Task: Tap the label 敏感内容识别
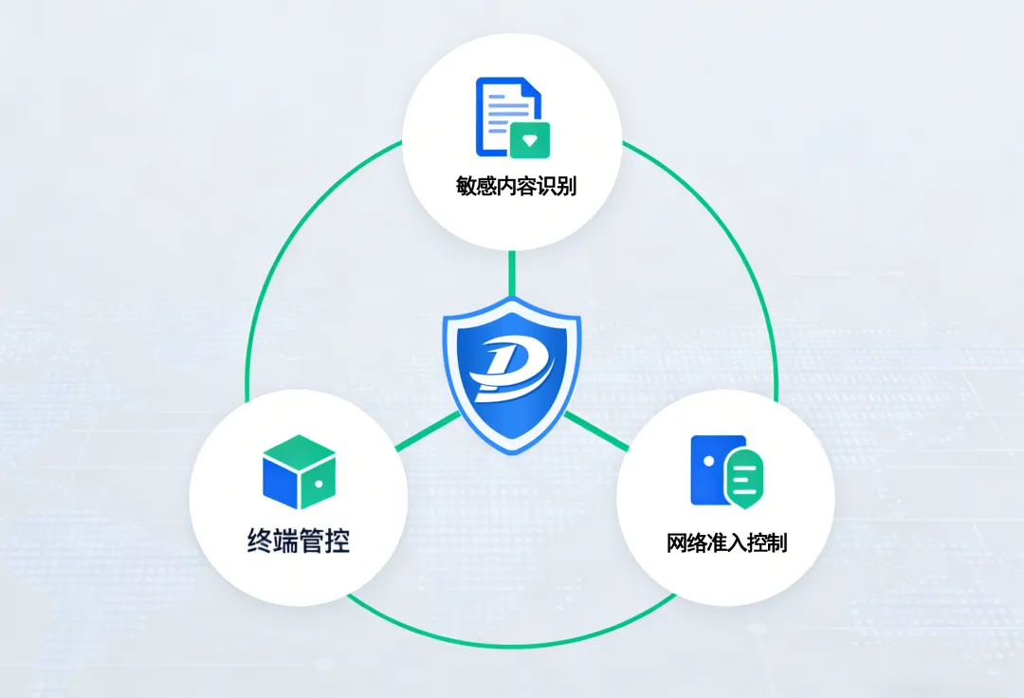(516, 186)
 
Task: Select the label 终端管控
(298, 542)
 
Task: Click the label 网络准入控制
(727, 543)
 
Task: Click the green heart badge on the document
(530, 139)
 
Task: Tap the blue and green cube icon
(299, 471)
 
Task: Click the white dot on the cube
(320, 484)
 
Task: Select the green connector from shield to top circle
(512, 273)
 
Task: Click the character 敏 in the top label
(466, 186)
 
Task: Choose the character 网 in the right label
(677, 543)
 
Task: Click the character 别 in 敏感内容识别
(565, 186)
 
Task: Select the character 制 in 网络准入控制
(777, 543)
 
